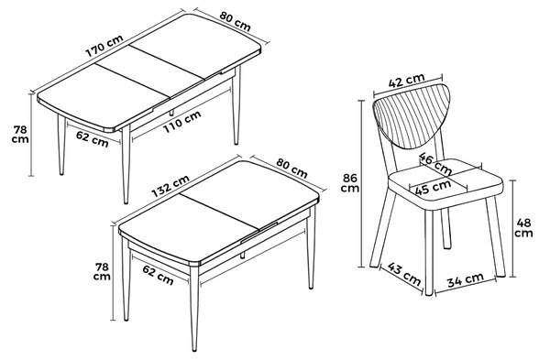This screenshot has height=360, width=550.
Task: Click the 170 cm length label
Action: pos(104,46)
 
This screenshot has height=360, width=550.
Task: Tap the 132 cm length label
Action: pos(170,186)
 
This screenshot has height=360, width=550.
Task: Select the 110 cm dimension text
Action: pos(182,122)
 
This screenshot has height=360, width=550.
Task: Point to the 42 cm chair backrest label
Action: pos(406,81)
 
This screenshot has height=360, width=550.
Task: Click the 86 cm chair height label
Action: pos(350,183)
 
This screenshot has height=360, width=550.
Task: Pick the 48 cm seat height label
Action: pos(523,228)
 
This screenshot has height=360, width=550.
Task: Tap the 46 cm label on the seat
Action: pos(435,164)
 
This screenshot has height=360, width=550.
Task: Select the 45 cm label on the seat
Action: pos(433,188)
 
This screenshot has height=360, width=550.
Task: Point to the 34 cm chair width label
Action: pos(466,279)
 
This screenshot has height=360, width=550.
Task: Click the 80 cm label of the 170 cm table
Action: pos(236,21)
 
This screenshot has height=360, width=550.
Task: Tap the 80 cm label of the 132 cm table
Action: pos(291,168)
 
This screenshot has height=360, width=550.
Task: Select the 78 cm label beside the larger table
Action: pos(20,135)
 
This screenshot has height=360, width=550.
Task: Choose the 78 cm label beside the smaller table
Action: pos(102,271)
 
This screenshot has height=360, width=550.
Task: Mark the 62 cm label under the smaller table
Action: pos(158,275)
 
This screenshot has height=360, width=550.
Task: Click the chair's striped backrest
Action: pos(411,115)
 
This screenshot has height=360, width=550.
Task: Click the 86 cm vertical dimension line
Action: pos(362,184)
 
